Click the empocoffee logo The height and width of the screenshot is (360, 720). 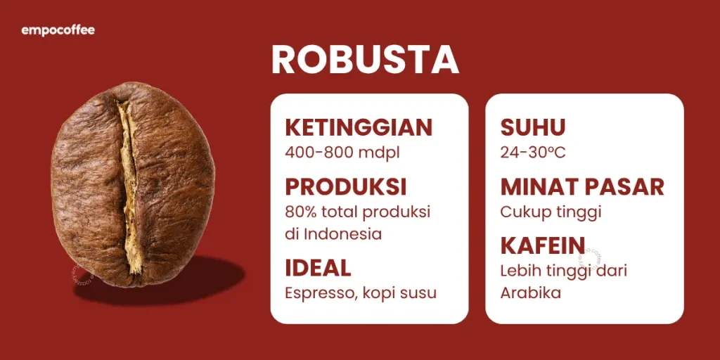tap(58, 30)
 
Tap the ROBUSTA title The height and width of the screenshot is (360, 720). tap(365, 60)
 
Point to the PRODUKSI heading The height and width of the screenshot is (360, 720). tap(346, 187)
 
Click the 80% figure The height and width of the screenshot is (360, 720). tap(299, 212)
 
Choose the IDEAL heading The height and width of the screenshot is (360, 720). tap(318, 268)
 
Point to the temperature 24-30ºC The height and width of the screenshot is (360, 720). tap(533, 152)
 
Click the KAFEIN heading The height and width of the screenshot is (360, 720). tap(543, 245)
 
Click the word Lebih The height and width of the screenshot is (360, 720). tap(519, 270)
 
